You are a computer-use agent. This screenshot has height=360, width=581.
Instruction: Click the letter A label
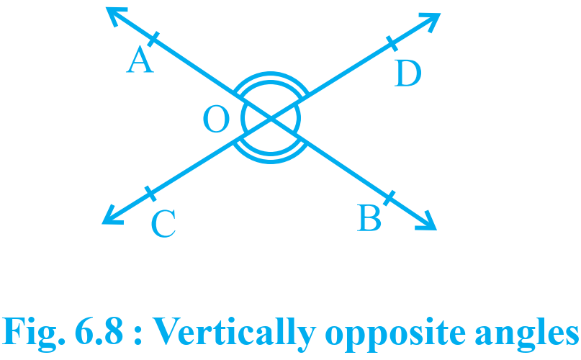(140, 59)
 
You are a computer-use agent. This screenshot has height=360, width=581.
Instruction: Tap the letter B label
(369, 218)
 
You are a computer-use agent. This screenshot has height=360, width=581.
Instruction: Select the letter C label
(163, 224)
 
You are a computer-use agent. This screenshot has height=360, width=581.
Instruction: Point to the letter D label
(407, 73)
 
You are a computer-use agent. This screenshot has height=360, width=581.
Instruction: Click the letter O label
(217, 119)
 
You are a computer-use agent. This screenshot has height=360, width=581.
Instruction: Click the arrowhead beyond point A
(116, 16)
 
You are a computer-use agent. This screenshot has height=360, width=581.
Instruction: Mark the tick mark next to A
(153, 40)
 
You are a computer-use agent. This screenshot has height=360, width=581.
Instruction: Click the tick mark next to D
(392, 43)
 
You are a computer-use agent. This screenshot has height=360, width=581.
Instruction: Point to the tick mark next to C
(150, 194)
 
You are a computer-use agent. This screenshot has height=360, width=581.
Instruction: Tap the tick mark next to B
(389, 198)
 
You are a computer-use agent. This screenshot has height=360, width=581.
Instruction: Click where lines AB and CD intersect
(271, 118)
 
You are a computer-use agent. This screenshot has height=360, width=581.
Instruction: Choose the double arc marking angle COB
(271, 158)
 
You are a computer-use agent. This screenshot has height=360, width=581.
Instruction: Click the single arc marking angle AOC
(243, 118)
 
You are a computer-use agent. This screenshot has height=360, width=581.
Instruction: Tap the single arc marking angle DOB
(299, 118)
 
